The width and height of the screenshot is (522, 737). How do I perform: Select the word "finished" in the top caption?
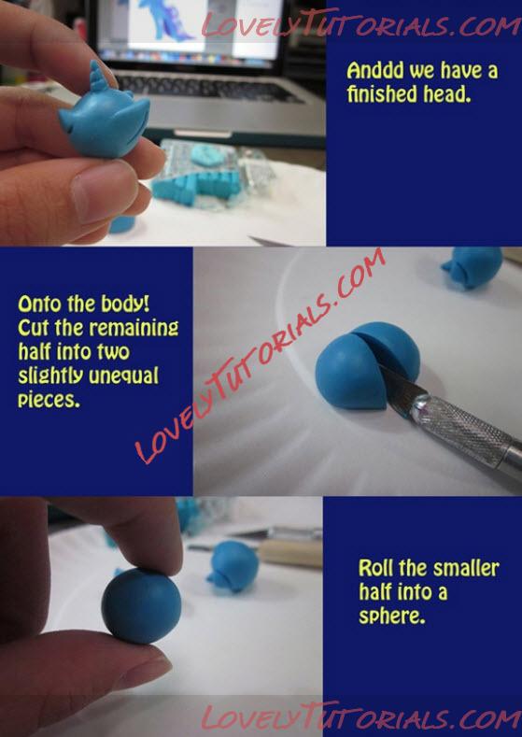[382, 93]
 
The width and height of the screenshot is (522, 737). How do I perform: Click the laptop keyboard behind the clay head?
[206, 87]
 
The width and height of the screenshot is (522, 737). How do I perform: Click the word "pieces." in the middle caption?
[49, 400]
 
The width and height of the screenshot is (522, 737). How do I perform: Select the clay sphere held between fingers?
[141, 605]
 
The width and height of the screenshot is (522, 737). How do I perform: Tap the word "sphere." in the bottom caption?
[392, 616]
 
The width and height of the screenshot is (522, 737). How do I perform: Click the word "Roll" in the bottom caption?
[375, 568]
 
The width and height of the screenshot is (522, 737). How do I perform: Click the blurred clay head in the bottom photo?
[233, 566]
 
